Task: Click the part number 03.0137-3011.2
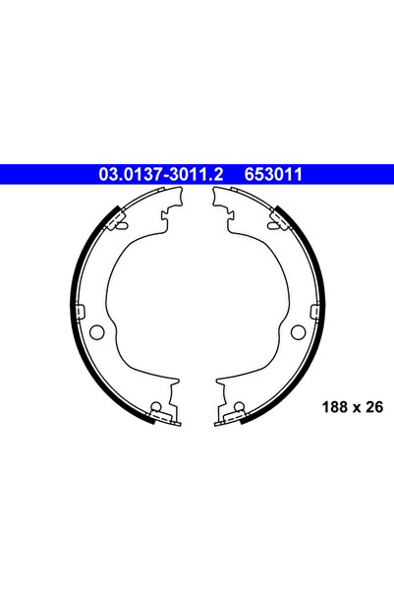[161, 174]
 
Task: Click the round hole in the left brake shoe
[95, 330]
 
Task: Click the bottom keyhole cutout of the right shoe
[239, 408]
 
